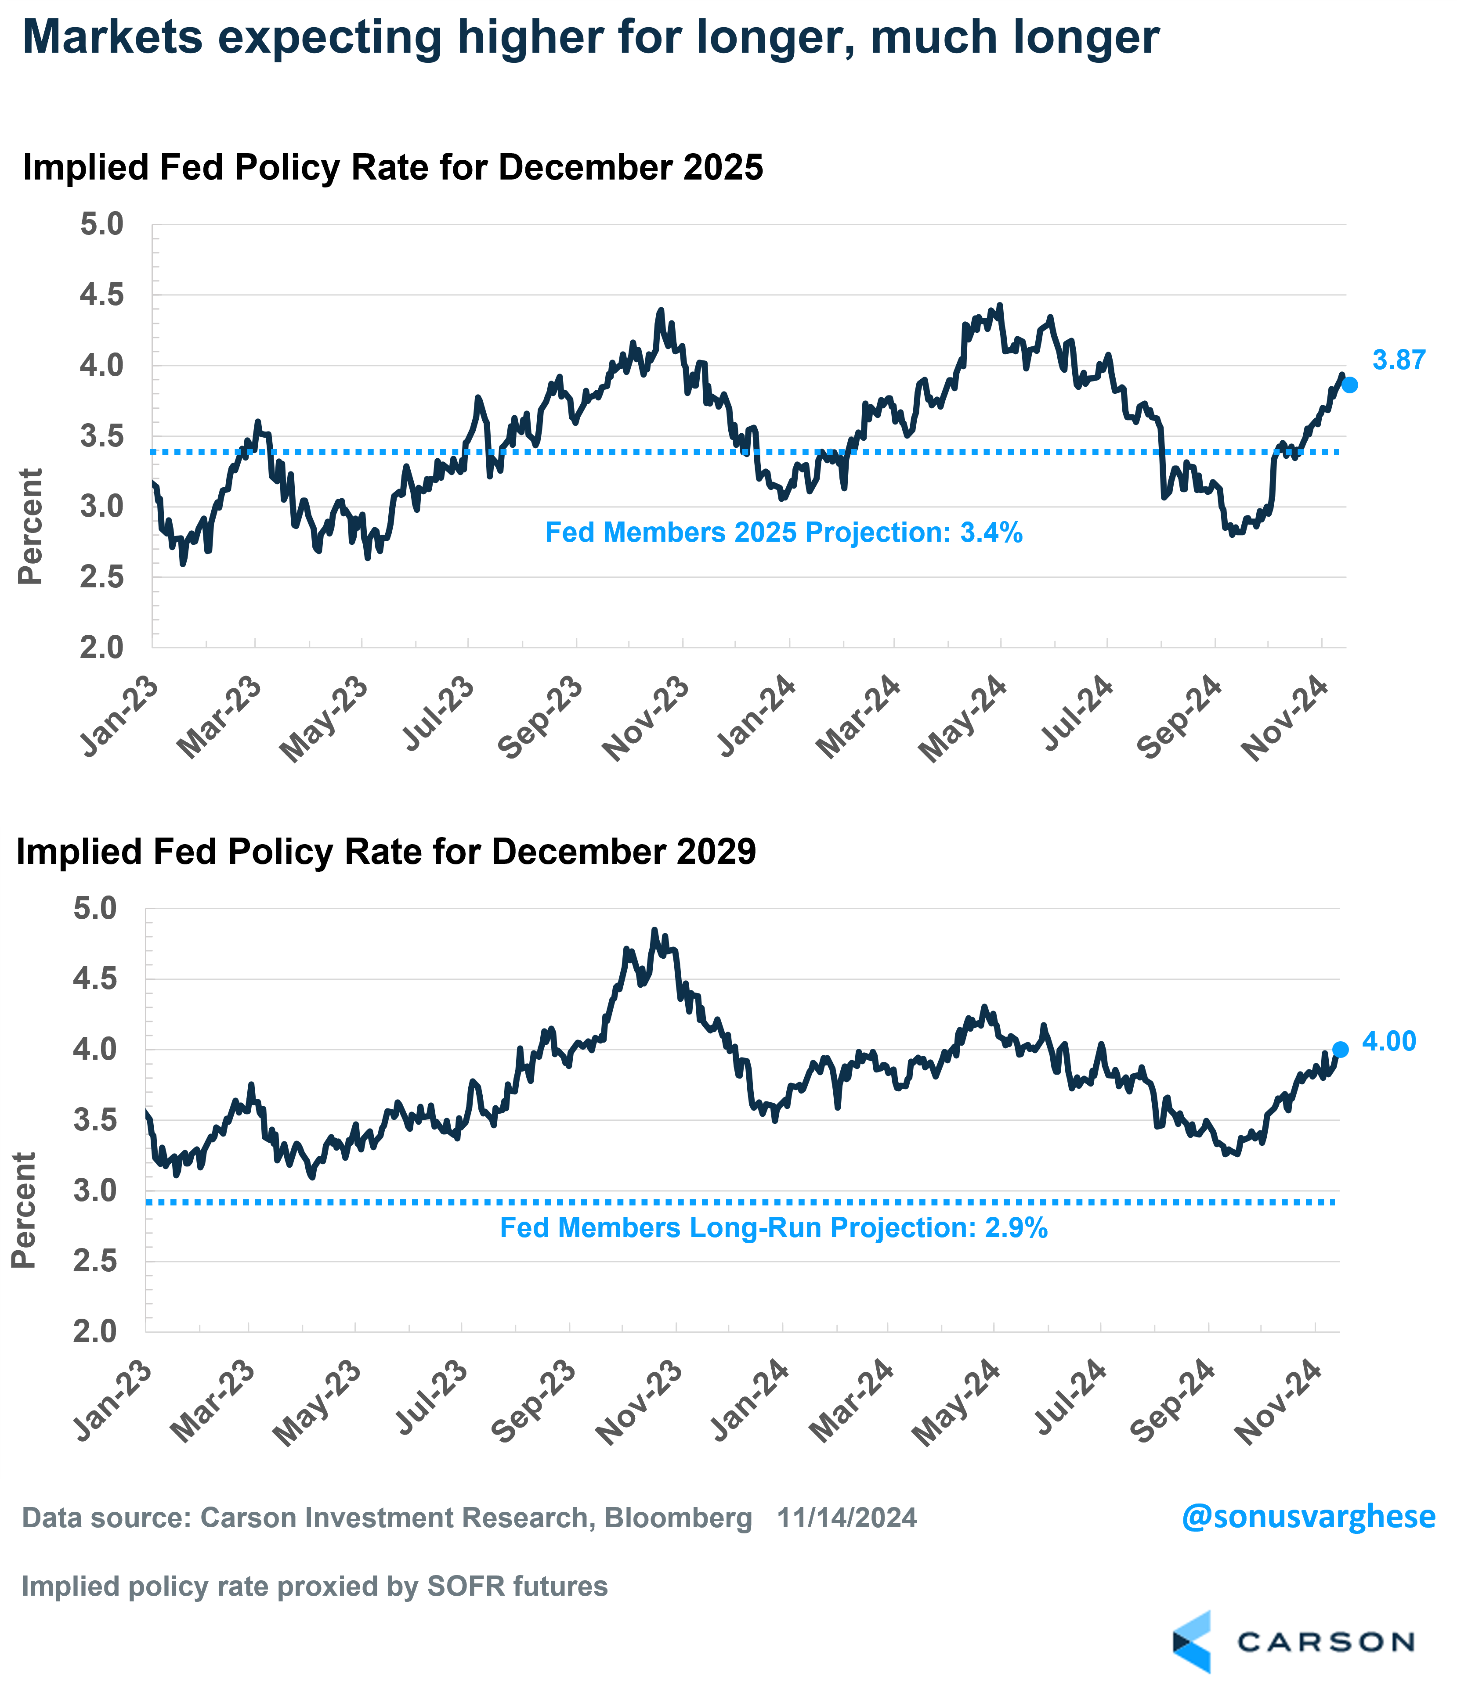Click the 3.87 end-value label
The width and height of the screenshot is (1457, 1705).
[1399, 360]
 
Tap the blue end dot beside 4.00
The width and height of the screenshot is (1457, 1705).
[1340, 1049]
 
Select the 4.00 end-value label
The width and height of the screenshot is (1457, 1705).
[1388, 1042]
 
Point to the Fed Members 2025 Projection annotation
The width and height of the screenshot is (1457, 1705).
[784, 532]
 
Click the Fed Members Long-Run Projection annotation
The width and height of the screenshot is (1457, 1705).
[774, 1228]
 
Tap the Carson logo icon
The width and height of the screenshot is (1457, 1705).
[1192, 1642]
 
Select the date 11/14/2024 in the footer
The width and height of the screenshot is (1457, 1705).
[847, 1518]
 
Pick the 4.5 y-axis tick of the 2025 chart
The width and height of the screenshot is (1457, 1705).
[101, 295]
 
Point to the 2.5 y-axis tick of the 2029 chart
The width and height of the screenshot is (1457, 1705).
[95, 1261]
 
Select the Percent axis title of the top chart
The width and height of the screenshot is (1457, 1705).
[30, 527]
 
